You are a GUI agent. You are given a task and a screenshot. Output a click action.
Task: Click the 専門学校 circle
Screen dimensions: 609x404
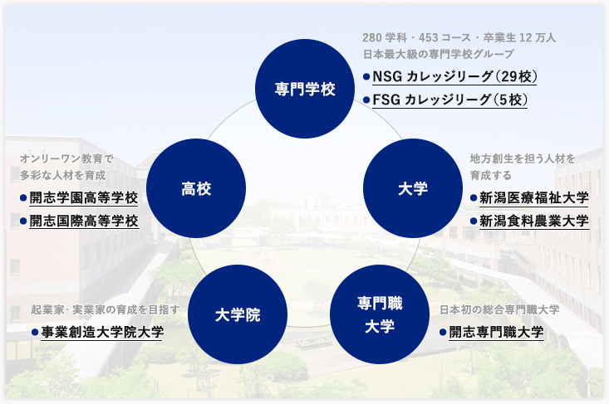click(305, 89)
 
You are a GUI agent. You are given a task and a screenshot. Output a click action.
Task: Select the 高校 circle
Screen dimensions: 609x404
click(196, 188)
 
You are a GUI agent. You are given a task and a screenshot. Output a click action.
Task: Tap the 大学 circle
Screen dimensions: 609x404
click(413, 188)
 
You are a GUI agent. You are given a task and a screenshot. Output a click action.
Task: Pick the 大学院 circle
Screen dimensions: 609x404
click(238, 314)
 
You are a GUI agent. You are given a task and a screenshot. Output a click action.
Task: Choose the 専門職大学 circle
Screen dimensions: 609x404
click(380, 314)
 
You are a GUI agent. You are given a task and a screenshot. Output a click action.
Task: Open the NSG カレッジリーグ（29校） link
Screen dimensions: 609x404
click(454, 77)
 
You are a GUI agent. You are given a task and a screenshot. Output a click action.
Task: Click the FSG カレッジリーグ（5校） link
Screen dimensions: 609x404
click(450, 100)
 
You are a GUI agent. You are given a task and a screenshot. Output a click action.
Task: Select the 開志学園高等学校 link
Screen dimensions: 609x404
click(84, 198)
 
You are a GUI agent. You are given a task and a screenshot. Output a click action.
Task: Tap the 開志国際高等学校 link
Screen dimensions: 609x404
click(84, 221)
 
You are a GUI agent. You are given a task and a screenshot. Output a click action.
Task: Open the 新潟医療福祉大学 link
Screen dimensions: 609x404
click(534, 198)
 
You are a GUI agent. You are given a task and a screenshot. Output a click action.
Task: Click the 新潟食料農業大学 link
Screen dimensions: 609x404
click(534, 221)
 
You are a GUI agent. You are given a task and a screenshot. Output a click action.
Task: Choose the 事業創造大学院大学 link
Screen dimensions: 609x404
click(102, 333)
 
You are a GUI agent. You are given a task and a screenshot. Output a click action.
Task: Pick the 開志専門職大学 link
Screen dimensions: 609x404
click(496, 333)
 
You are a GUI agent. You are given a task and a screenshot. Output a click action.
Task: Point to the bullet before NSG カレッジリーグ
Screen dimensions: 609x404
click(366, 77)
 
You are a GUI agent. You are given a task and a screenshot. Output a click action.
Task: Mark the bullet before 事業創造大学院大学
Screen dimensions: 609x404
click(35, 333)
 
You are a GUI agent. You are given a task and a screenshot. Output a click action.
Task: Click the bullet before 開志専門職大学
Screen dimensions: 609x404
click(443, 333)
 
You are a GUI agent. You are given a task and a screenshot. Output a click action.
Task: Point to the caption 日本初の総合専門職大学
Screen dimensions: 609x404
click(499, 309)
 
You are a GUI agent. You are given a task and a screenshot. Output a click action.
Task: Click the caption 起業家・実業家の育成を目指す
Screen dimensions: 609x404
click(106, 309)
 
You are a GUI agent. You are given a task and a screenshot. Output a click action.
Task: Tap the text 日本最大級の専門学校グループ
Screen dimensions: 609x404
click(439, 54)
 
